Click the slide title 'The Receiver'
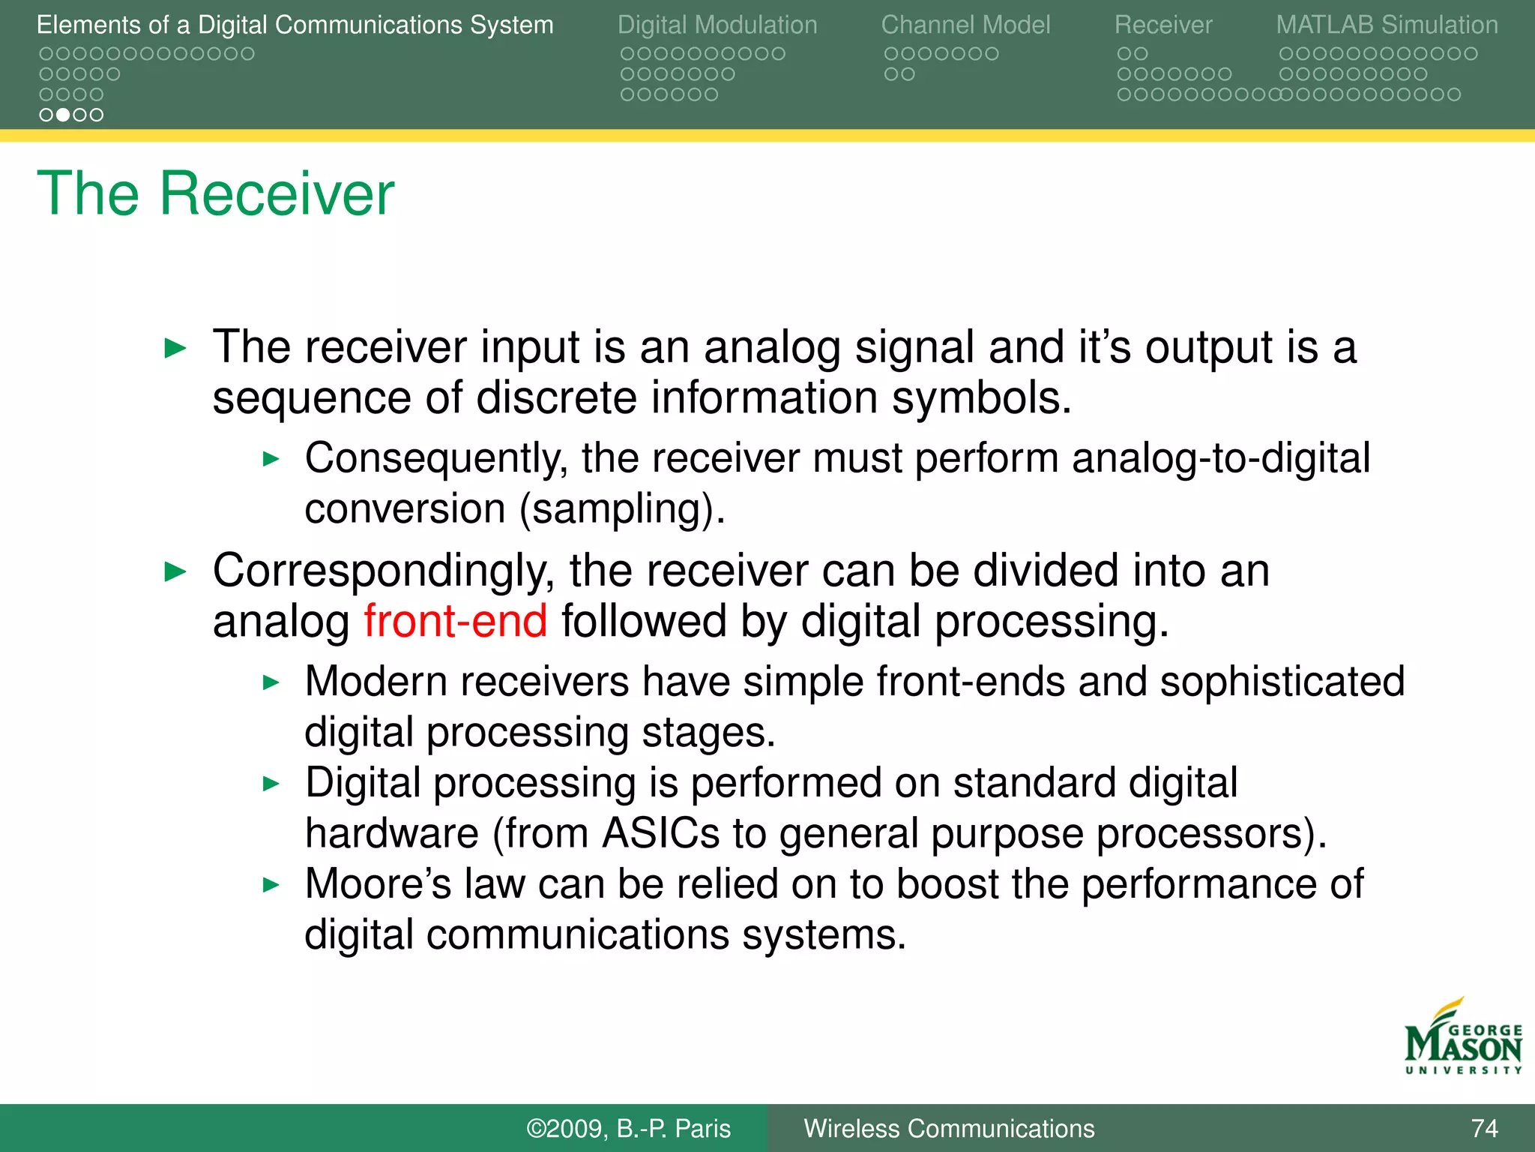coord(215,193)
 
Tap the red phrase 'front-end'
coord(455,621)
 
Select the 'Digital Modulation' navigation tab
coord(717,25)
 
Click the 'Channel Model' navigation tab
coord(965,25)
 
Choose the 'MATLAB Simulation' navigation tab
coord(1387,25)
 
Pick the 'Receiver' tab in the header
coord(1162,25)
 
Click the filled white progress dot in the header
coord(63,115)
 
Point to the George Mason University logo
coord(1462,1039)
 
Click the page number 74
coord(1484,1128)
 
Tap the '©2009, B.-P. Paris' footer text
coord(628,1128)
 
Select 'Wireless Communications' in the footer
coord(949,1128)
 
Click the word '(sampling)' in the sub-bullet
coord(622,509)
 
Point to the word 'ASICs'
coord(660,832)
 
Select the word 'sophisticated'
coord(1282,681)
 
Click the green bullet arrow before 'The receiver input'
coord(175,348)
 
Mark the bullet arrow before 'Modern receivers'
coord(271,682)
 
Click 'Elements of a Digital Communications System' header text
coord(295,25)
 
